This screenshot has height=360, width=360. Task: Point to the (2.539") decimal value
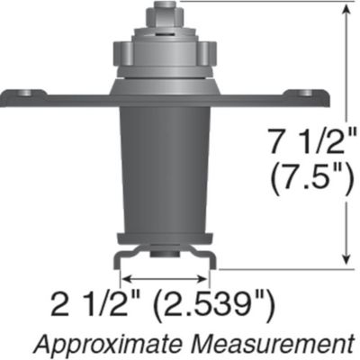pos(213,302)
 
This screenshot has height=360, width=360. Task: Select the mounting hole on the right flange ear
pos(306,93)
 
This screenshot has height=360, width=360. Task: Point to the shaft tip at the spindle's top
pos(165,12)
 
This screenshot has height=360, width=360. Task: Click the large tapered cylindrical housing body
pos(165,171)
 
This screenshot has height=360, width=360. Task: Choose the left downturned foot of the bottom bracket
pos(120,259)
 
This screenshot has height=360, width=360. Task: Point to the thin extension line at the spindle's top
pos(261,3)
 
